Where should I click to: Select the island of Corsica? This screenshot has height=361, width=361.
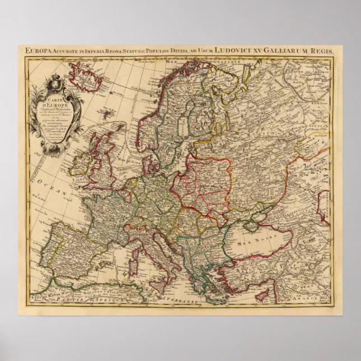(135, 247)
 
